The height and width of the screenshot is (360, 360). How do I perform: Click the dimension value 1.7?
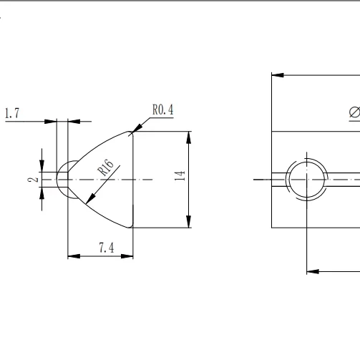coord(12,113)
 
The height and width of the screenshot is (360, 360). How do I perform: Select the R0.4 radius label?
coord(162,110)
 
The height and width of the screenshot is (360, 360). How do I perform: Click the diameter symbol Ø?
coord(354,113)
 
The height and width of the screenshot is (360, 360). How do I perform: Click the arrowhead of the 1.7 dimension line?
coord(52,122)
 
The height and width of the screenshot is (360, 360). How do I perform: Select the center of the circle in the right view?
coord(307,179)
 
